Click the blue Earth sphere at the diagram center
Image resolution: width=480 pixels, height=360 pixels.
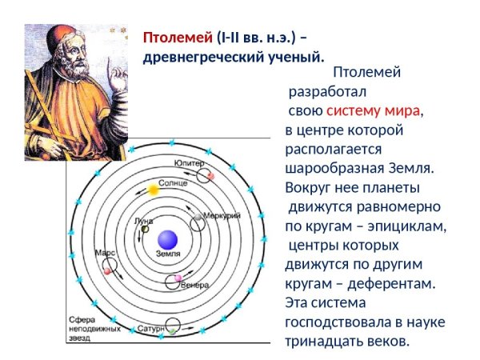[167, 238]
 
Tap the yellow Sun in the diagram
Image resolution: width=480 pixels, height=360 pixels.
[153, 190]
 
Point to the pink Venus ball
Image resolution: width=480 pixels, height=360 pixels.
[178, 279]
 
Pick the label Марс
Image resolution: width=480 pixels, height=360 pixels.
[105, 251]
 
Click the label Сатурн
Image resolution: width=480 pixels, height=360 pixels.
[150, 328]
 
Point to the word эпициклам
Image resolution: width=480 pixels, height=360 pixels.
[410, 226]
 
